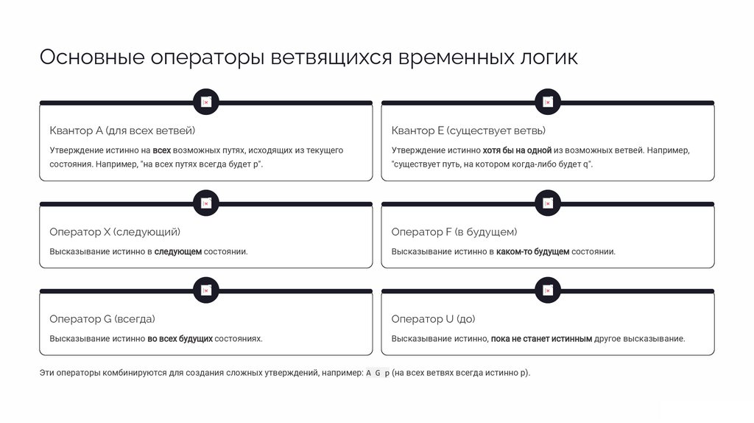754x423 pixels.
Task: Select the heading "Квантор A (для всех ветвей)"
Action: tap(122, 130)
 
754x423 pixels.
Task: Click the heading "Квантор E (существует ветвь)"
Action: tap(468, 130)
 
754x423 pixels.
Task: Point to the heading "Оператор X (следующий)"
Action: tap(115, 232)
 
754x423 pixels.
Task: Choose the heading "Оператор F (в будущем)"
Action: tap(454, 232)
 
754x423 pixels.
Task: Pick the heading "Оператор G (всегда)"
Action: tap(102, 319)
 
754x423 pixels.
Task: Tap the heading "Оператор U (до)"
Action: tap(433, 319)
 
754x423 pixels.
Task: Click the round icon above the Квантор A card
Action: tap(206, 102)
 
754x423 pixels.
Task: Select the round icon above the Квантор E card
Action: tap(548, 102)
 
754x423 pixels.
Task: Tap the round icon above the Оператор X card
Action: tap(206, 203)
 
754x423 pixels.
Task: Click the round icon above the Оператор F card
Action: tap(548, 203)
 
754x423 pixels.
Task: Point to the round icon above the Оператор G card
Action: tap(206, 290)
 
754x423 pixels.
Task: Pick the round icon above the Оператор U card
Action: tap(548, 290)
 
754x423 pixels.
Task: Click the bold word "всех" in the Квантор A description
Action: tap(162, 150)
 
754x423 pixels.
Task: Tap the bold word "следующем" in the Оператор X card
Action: tap(177, 252)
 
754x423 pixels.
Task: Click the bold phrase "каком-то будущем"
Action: tap(532, 252)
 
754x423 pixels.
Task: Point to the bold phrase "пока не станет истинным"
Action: tap(541, 339)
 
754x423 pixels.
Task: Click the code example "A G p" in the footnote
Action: tap(378, 373)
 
